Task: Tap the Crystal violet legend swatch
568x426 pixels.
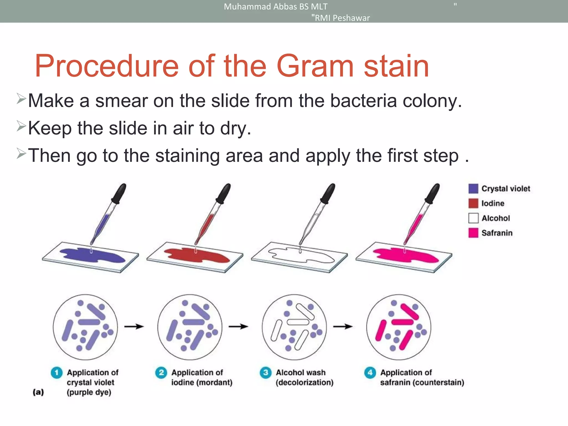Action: [473, 189]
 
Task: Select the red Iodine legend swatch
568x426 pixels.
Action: [473, 203]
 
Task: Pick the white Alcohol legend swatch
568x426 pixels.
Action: [473, 218]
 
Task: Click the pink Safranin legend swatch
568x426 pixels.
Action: [473, 233]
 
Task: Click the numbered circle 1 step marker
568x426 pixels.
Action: [57, 372]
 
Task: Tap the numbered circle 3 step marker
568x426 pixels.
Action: [265, 372]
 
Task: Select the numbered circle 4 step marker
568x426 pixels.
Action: [370, 372]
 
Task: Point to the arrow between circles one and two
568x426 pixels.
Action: [134, 327]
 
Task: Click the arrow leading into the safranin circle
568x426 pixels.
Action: [343, 327]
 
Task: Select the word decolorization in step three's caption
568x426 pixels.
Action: [305, 382]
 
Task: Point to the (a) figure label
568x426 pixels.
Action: [38, 392]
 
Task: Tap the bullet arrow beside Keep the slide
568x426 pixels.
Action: [21, 126]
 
